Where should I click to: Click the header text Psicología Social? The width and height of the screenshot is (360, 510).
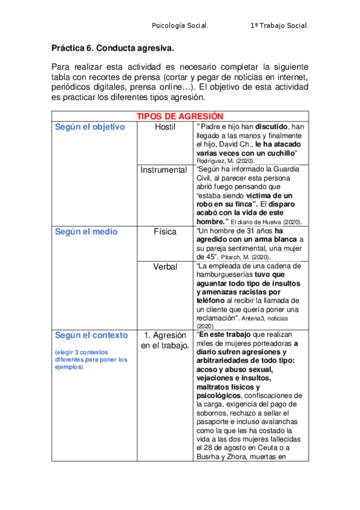(180, 26)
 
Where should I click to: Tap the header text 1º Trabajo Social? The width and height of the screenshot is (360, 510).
(279, 26)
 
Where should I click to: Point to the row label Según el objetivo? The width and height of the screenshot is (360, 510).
(90, 127)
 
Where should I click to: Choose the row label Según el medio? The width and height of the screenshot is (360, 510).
(86, 232)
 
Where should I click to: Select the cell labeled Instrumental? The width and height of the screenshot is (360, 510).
(164, 170)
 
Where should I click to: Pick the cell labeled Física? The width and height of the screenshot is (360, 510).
(165, 232)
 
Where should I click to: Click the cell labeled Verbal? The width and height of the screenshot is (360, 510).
(165, 266)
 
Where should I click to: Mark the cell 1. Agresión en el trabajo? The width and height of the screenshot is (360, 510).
(165, 340)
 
